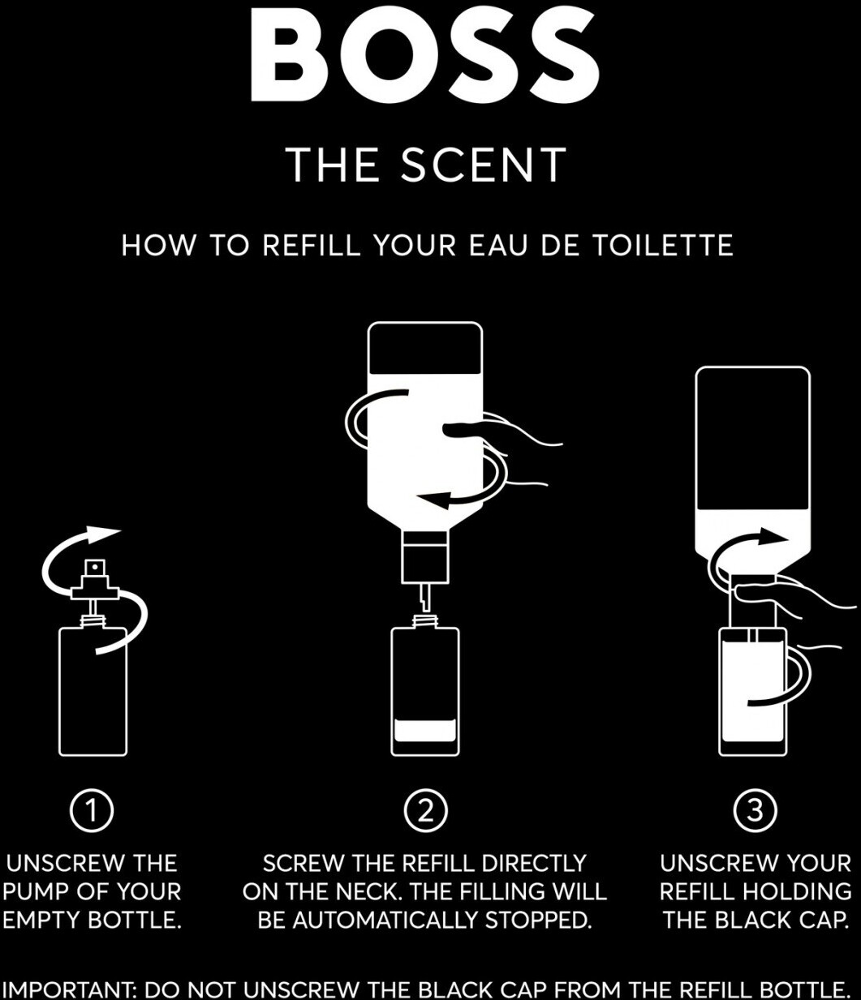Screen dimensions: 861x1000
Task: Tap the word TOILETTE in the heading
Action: point(663,245)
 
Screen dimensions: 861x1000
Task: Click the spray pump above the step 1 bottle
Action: point(95,588)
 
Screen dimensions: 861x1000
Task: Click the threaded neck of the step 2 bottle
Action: point(425,621)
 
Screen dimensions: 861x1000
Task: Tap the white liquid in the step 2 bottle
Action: point(425,730)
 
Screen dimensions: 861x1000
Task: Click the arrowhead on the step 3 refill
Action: point(773,536)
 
